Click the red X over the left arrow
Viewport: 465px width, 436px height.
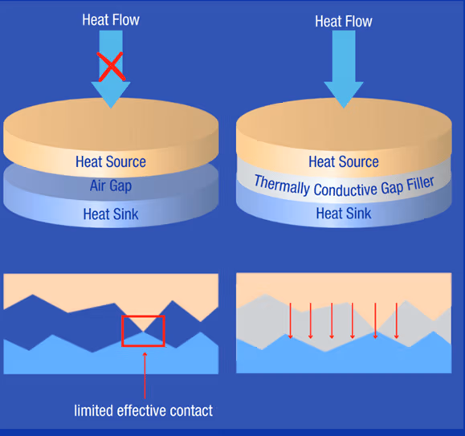(x=112, y=65)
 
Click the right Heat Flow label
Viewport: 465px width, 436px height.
(x=343, y=22)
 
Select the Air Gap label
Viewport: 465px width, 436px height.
(x=110, y=186)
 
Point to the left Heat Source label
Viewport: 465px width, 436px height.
(x=111, y=162)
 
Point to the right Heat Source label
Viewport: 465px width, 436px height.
(x=344, y=162)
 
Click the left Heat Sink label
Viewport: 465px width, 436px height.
(x=110, y=214)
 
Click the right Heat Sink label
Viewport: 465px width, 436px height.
(x=344, y=214)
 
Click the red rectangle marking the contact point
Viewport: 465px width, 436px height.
(x=143, y=330)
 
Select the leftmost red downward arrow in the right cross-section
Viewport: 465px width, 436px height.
(x=290, y=319)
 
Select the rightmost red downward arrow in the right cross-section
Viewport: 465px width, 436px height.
(x=397, y=319)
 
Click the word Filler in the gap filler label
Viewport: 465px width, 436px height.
(x=416, y=183)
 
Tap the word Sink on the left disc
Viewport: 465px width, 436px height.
(x=124, y=214)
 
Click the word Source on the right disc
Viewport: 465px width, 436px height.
(x=358, y=162)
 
